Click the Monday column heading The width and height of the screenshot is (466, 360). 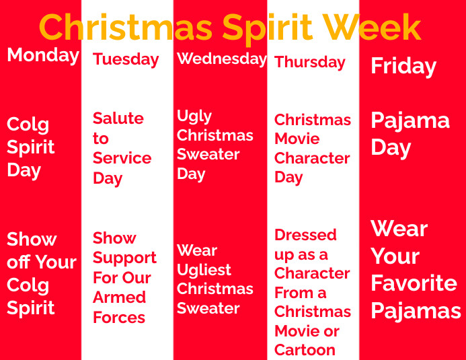pyautogui.click(x=43, y=55)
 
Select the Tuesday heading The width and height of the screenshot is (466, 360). pyautogui.click(x=126, y=59)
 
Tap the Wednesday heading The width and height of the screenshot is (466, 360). pyautogui.click(x=221, y=59)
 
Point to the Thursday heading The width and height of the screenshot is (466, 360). pyautogui.click(x=310, y=63)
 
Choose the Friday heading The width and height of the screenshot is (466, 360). pyautogui.click(x=403, y=66)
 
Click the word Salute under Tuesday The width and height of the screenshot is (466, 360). pyautogui.click(x=118, y=118)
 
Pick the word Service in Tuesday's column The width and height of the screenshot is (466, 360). pyautogui.click(x=122, y=158)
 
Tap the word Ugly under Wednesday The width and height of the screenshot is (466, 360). pyautogui.click(x=194, y=116)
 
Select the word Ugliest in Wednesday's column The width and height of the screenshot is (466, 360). pyautogui.click(x=204, y=270)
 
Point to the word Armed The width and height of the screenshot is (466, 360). pyautogui.click(x=119, y=297)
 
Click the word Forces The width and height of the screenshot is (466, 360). pyautogui.click(x=119, y=318)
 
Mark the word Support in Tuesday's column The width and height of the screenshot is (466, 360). pyautogui.click(x=124, y=258)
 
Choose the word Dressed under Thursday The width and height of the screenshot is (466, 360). pyautogui.click(x=305, y=235)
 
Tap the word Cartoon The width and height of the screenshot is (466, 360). pyautogui.click(x=305, y=350)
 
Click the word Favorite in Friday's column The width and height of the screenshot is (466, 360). pyautogui.click(x=414, y=283)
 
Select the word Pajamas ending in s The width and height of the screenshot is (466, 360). pyautogui.click(x=416, y=311)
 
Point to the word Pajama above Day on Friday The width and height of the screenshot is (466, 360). pyautogui.click(x=410, y=121)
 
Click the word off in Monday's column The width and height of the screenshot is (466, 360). pyautogui.click(x=18, y=262)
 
